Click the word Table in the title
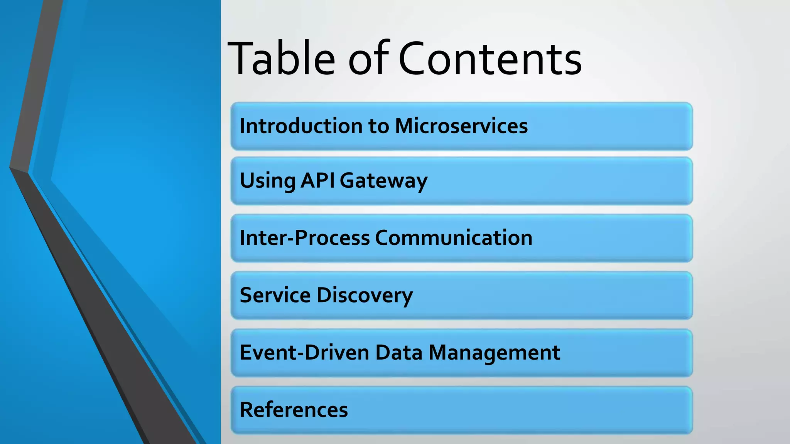click(282, 59)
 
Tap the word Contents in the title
click(490, 59)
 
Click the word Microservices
click(461, 126)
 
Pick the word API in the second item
click(318, 180)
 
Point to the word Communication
click(454, 238)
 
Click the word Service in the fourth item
click(275, 295)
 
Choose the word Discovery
click(365, 296)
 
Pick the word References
click(294, 410)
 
